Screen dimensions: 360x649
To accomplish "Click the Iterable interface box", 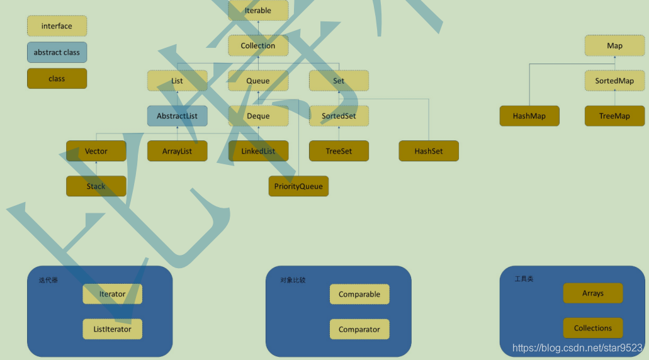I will point(258,11).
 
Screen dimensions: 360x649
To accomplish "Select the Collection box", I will point(258,46).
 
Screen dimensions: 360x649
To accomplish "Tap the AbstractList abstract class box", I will point(177,116).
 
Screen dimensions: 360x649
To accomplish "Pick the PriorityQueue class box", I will point(298,186).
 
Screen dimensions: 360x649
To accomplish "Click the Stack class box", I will point(96,186).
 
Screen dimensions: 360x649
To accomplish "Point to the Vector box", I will point(96,151).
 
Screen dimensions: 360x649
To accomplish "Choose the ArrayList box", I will point(177,151).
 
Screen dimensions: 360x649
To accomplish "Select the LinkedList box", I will point(258,151).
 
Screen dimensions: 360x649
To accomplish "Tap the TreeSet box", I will point(339,151).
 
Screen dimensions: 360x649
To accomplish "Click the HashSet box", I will point(429,151).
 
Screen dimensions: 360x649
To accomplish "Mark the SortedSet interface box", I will point(339,116).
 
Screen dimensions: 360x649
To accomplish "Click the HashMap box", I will point(529,116).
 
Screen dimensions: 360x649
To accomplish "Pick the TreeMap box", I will point(614,116).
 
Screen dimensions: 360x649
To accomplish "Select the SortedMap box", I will point(614,81).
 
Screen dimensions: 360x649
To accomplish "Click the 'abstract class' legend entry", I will point(57,52).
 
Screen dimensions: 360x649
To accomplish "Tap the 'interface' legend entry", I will point(57,26).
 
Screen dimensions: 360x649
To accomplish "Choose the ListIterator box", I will point(113,329).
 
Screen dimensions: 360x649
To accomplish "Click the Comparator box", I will point(359,329).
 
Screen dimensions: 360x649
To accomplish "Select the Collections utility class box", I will point(593,328).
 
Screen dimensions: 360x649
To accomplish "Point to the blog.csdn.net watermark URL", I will point(577,348).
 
